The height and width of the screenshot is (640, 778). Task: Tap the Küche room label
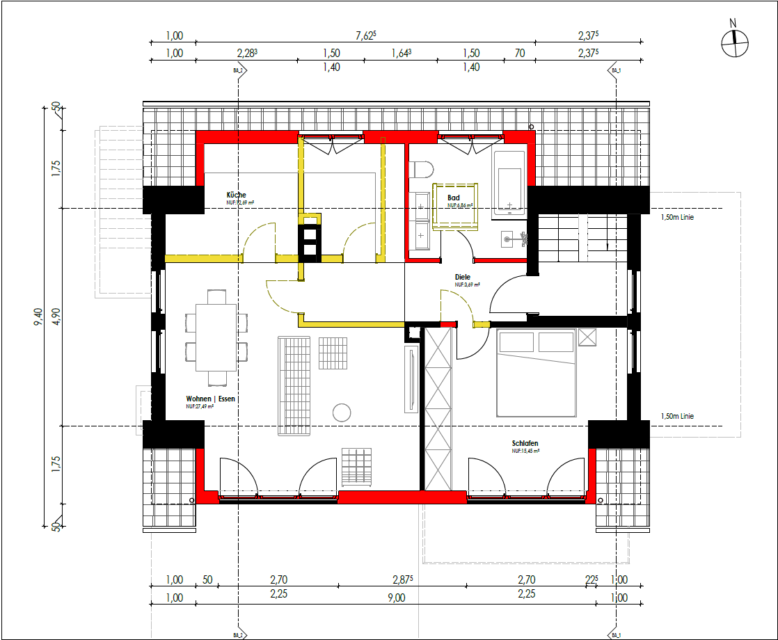click(x=236, y=195)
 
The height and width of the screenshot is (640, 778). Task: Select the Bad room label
click(x=454, y=198)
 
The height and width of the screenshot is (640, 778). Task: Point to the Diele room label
click(x=463, y=278)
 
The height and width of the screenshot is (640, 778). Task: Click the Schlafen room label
click(x=525, y=444)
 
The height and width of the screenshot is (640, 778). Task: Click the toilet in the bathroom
click(x=422, y=170)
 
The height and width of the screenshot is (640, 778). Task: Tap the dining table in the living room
click(x=216, y=337)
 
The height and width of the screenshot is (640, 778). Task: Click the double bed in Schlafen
click(x=536, y=373)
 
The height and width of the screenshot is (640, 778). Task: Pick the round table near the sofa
click(x=341, y=413)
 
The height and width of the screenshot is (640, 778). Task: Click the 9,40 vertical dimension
click(x=38, y=318)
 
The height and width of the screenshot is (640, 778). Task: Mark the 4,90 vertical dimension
click(x=56, y=317)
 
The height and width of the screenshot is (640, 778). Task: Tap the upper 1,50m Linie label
click(x=677, y=217)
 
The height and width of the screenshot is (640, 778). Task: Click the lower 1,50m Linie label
click(x=677, y=417)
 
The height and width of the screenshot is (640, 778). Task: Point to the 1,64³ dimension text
click(x=402, y=53)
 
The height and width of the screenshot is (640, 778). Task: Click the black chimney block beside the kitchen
click(x=309, y=241)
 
